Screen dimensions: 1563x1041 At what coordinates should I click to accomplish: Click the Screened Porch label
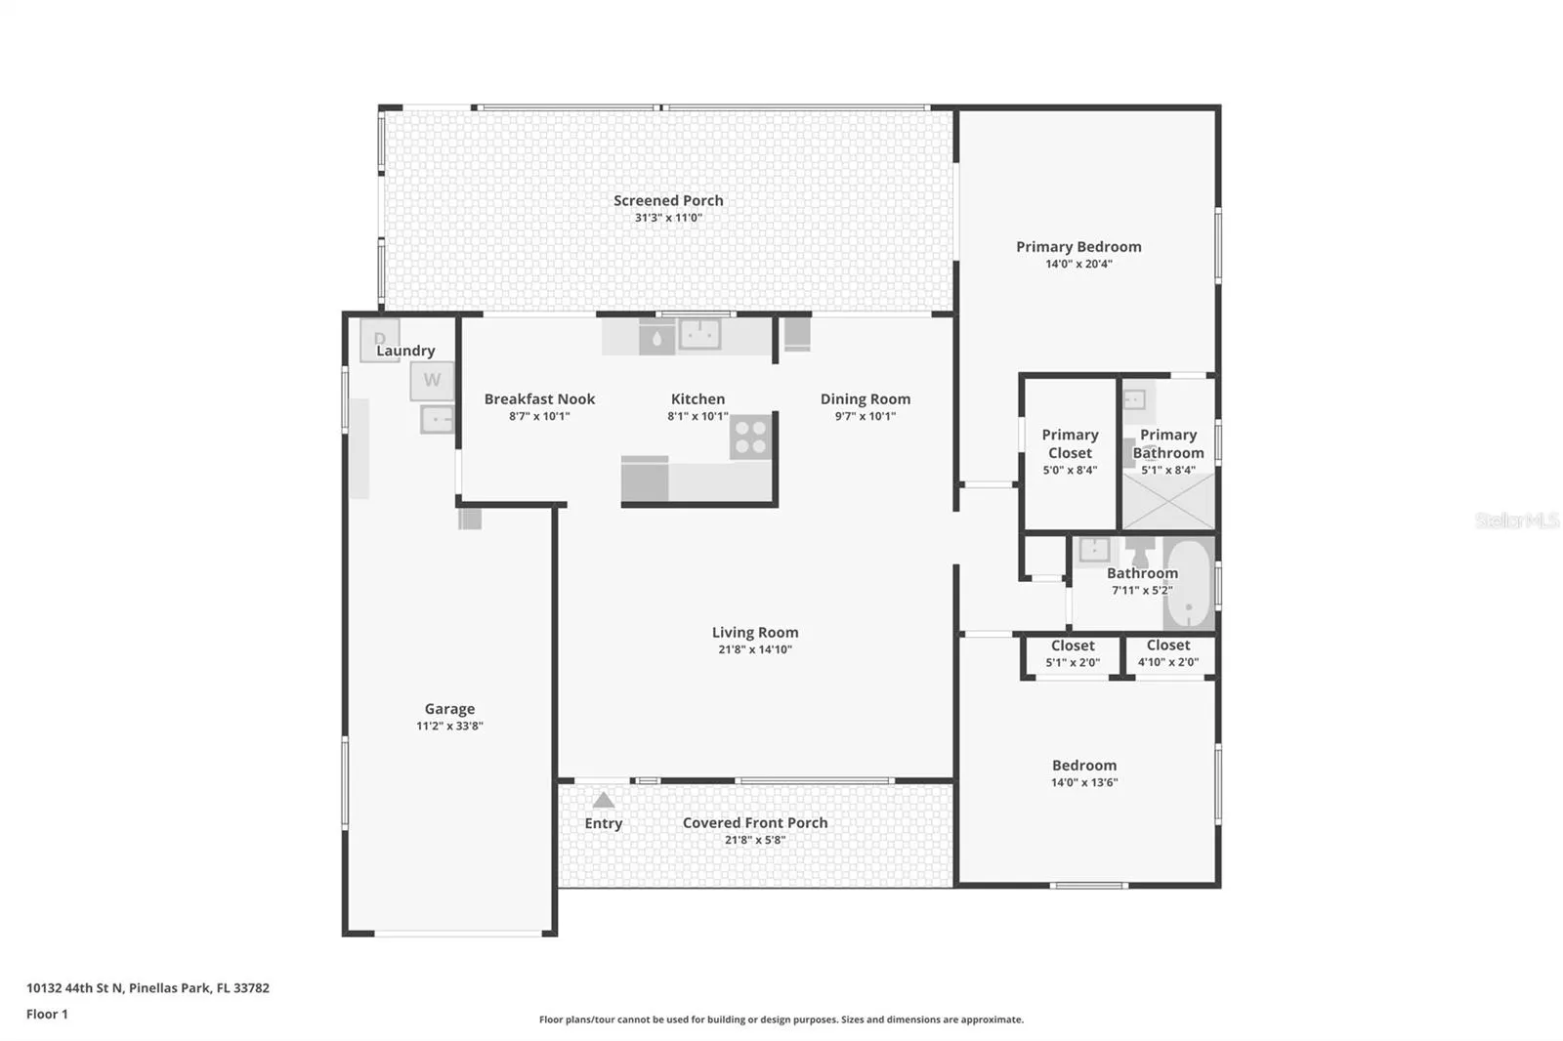click(668, 201)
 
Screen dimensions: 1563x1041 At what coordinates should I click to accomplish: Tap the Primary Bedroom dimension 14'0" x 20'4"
click(1078, 264)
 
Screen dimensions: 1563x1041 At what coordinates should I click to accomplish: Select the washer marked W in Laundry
click(432, 380)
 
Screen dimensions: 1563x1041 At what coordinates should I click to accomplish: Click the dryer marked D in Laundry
click(380, 340)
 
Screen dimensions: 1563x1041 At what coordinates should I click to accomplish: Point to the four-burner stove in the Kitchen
click(751, 437)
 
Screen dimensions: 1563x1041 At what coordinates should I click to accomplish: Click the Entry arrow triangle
click(604, 800)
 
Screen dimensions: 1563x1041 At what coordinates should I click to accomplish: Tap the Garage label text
click(449, 709)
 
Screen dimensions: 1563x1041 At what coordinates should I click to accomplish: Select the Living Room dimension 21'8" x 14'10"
click(755, 649)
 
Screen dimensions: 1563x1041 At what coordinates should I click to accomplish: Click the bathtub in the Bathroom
click(1189, 583)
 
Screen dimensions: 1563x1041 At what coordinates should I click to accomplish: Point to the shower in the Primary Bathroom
click(1168, 501)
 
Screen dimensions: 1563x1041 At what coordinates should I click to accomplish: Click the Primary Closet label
click(1070, 443)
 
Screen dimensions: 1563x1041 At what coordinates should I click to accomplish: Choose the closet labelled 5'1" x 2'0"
click(1073, 656)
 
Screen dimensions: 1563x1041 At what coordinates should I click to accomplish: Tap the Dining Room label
click(866, 399)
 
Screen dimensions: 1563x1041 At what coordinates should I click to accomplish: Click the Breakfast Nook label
click(539, 399)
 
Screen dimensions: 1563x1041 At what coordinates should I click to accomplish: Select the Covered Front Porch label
click(755, 823)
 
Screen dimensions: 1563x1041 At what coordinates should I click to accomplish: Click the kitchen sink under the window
click(699, 335)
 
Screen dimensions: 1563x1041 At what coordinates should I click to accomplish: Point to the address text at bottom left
click(148, 988)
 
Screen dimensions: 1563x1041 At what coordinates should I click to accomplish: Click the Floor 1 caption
click(48, 1015)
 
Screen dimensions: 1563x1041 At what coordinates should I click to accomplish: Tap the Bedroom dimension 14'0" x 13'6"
click(1084, 783)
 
